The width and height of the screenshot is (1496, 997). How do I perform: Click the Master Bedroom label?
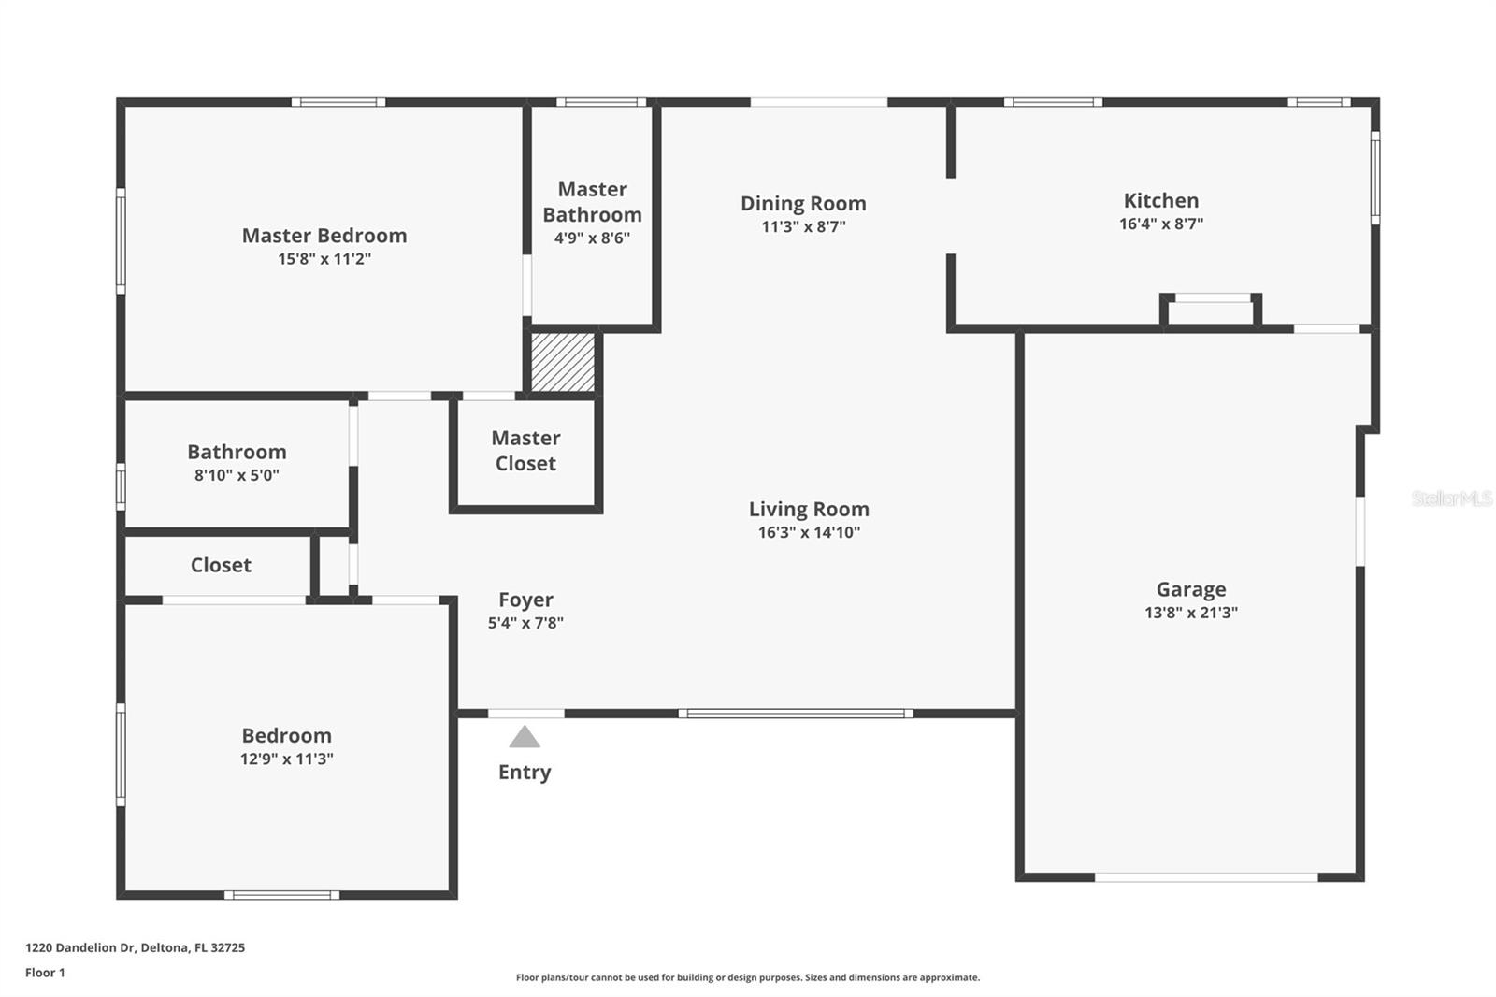[x=324, y=236]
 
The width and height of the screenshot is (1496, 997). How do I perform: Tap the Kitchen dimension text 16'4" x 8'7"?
[x=1160, y=224]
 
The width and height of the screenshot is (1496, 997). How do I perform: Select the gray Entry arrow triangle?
[x=525, y=738]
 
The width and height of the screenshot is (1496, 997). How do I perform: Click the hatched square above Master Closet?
[x=563, y=362]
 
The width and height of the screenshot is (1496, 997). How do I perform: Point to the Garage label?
[x=1190, y=589]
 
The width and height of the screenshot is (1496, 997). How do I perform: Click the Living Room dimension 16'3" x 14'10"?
[x=809, y=533]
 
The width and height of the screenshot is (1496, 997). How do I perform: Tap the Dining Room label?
[x=803, y=203]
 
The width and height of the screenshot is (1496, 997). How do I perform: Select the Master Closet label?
[x=525, y=451]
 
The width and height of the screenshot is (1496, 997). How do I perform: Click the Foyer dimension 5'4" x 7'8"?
[x=525, y=623]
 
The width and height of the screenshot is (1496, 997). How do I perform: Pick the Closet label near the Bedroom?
[x=221, y=565]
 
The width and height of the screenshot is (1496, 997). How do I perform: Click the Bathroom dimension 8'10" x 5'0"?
[x=237, y=475]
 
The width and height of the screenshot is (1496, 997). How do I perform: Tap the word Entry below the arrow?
[x=525, y=773]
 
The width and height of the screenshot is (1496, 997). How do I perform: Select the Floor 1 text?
[x=45, y=973]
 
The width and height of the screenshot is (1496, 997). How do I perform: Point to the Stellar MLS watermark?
[x=1451, y=498]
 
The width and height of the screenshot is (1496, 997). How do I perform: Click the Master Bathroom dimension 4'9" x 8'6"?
[x=592, y=238]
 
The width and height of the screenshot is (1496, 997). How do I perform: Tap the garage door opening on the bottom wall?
[x=1206, y=877]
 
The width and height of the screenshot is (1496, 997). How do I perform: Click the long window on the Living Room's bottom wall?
[x=796, y=714]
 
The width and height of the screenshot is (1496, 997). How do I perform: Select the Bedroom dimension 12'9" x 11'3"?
[x=286, y=759]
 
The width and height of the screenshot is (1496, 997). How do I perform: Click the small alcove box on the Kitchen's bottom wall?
[x=1212, y=312]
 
